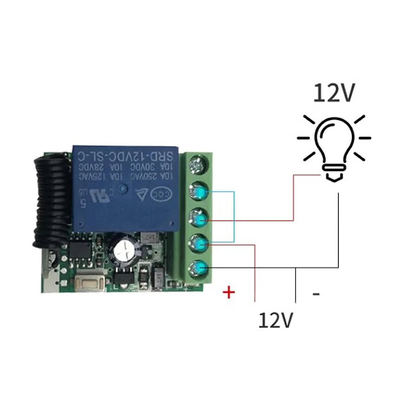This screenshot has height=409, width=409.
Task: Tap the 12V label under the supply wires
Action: pos(276,320)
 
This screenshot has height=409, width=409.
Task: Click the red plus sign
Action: pos(230,292)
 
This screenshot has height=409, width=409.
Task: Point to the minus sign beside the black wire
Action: pos(316,293)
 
